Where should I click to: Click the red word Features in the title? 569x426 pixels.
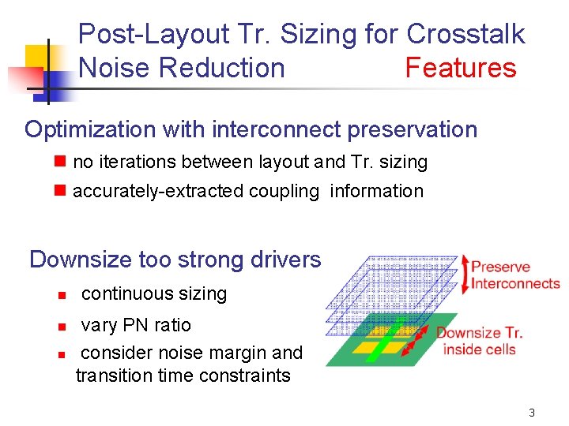[x=460, y=68]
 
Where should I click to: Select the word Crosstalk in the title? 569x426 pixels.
[x=465, y=34]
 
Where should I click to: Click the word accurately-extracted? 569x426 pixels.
[x=158, y=191]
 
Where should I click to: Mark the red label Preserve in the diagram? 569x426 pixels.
[x=501, y=267]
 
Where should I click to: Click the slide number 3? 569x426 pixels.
[x=532, y=413]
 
